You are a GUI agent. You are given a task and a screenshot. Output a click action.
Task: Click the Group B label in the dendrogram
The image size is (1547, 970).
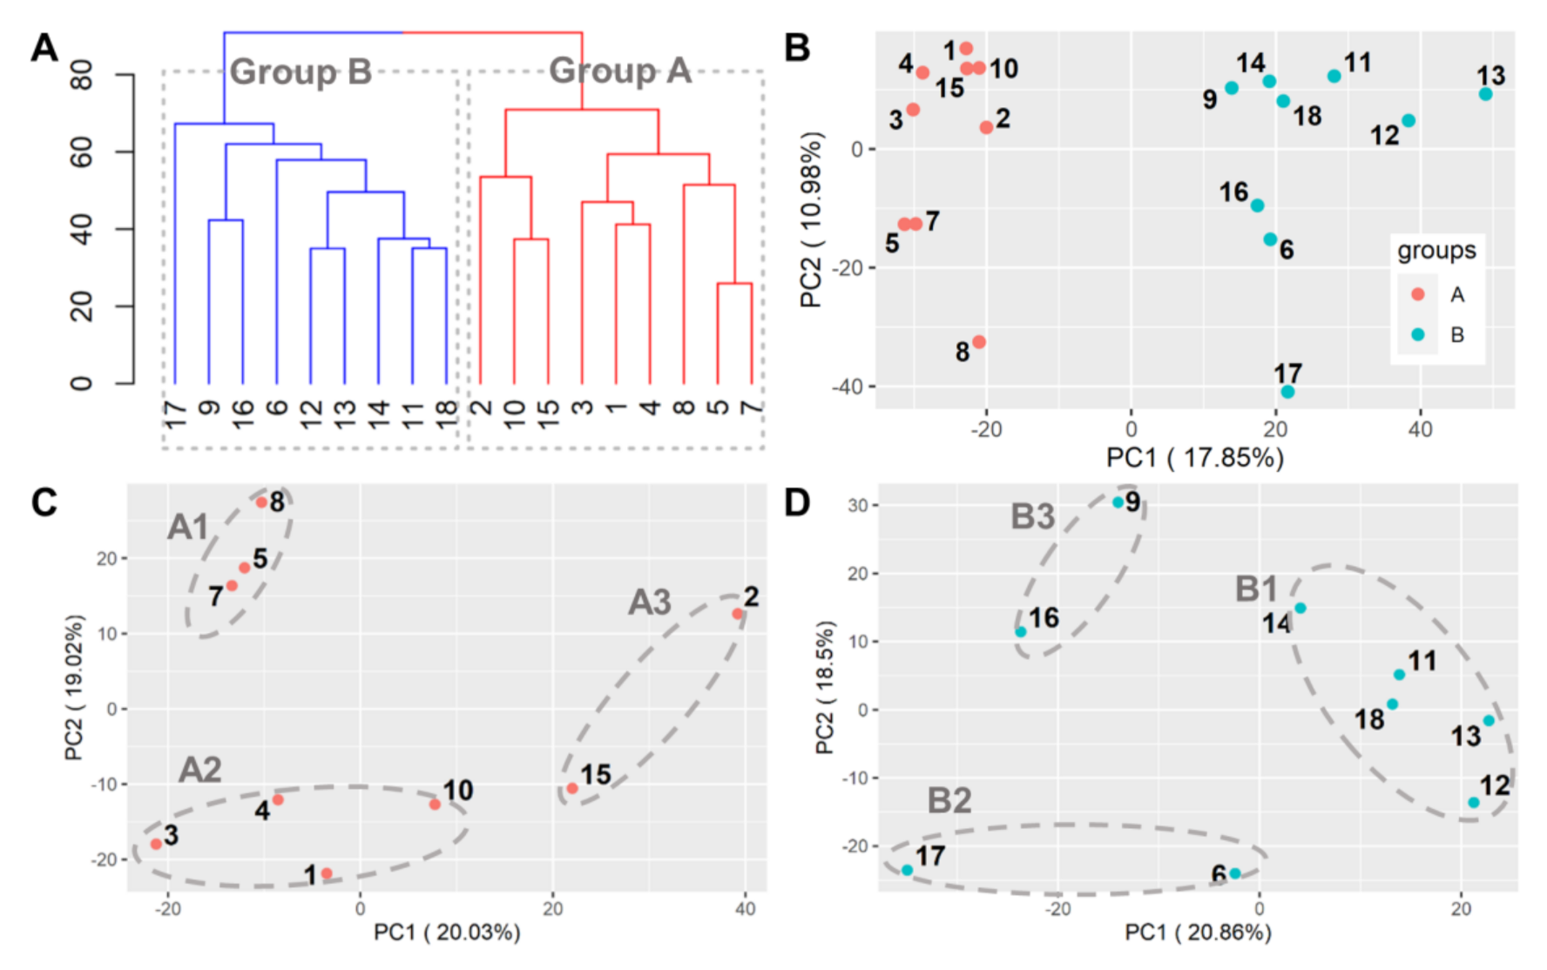pos(301,71)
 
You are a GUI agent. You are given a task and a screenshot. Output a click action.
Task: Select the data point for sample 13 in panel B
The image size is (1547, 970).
pos(1485,94)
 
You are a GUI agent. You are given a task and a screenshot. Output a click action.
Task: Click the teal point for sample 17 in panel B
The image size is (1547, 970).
pos(1287,392)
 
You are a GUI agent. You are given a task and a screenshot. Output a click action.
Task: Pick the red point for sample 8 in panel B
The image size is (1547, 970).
pos(979,342)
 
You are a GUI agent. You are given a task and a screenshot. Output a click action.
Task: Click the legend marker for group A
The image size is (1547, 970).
pos(1418,294)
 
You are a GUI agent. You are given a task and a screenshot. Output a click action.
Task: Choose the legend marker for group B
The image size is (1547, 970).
pos(1418,334)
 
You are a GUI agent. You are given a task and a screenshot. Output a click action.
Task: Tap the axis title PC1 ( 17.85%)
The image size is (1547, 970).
pos(1194,458)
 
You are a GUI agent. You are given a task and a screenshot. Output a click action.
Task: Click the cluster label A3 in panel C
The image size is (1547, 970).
pos(650,603)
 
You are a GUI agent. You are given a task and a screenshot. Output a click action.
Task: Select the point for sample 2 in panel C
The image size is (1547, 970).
pos(738,614)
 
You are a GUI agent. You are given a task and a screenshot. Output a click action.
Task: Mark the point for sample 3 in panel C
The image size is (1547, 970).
pos(156,844)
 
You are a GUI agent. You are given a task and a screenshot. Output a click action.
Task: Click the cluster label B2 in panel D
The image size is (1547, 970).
pos(949,801)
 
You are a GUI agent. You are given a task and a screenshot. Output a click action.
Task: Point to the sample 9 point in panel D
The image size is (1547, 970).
pos(1118,502)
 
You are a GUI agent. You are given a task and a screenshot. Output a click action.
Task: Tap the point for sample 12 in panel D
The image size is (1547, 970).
pos(1473,802)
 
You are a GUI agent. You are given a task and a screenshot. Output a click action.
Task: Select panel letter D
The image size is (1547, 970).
pos(797,503)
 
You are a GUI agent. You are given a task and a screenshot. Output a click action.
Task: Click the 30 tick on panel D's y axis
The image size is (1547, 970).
pos(857,505)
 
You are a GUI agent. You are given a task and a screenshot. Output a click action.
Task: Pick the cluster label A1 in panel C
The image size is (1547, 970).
pos(188,528)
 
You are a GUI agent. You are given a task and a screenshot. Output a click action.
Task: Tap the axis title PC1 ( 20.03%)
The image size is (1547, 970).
pos(447,933)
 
